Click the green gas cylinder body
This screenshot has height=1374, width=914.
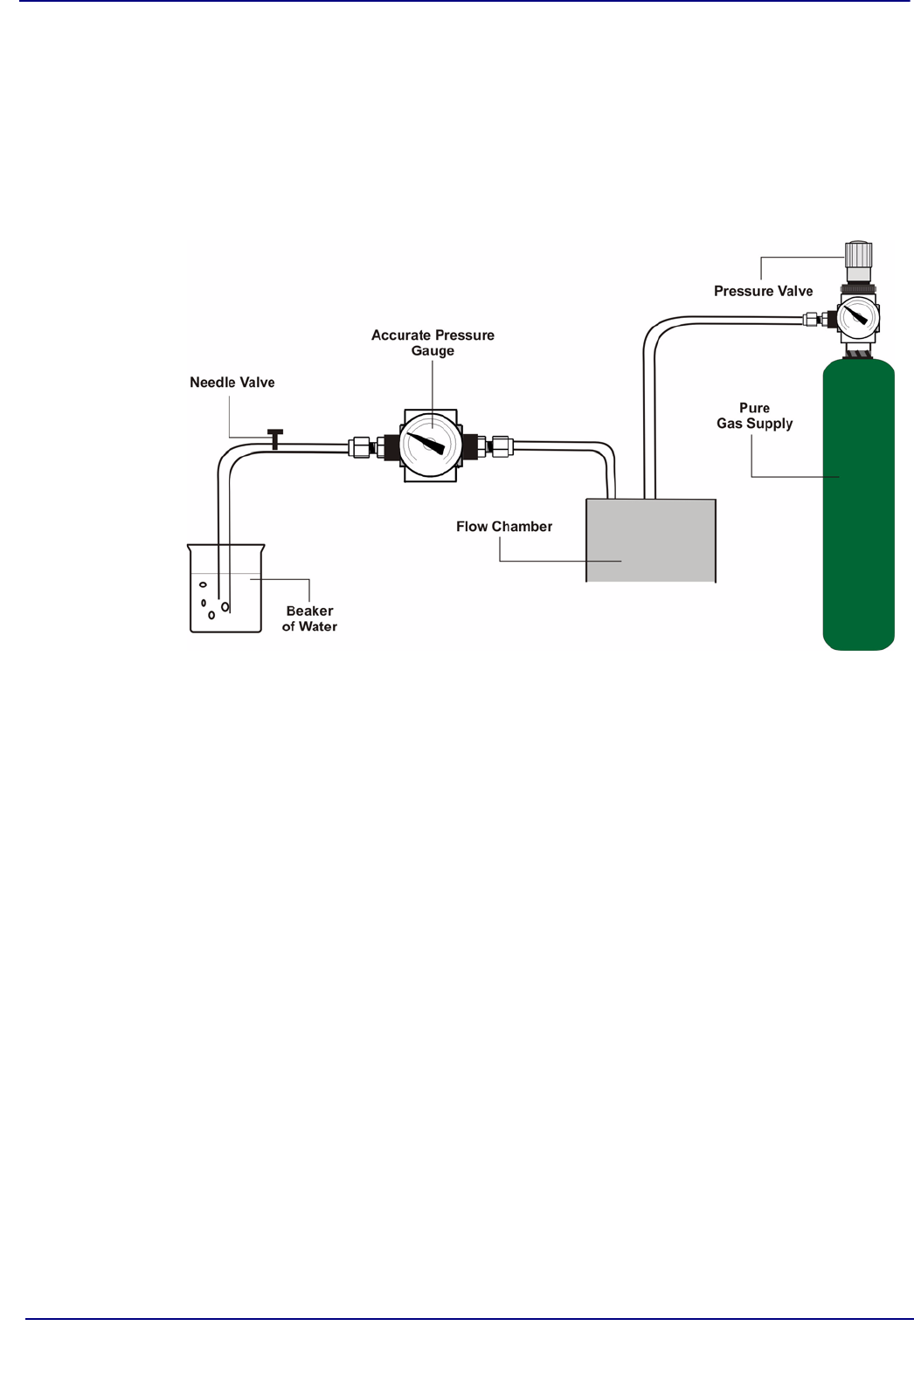pyautogui.click(x=858, y=524)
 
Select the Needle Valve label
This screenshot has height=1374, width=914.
pyautogui.click(x=232, y=383)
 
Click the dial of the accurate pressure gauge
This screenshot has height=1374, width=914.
pyautogui.click(x=430, y=445)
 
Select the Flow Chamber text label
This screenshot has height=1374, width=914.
pyautogui.click(x=504, y=527)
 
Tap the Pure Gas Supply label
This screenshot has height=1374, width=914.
pyautogui.click(x=755, y=416)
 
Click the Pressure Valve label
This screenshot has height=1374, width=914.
pyautogui.click(x=763, y=292)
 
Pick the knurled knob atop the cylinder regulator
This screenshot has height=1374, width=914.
pyautogui.click(x=858, y=254)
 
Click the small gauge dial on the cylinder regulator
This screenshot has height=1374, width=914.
pyautogui.click(x=858, y=316)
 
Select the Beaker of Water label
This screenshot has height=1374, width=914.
pyautogui.click(x=309, y=618)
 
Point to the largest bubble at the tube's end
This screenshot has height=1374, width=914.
pyautogui.click(x=225, y=606)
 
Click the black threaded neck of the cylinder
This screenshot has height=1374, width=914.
pyautogui.click(x=858, y=353)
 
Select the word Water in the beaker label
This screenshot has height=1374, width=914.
pyautogui.click(x=318, y=627)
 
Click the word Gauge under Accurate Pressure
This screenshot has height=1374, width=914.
pyautogui.click(x=433, y=351)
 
